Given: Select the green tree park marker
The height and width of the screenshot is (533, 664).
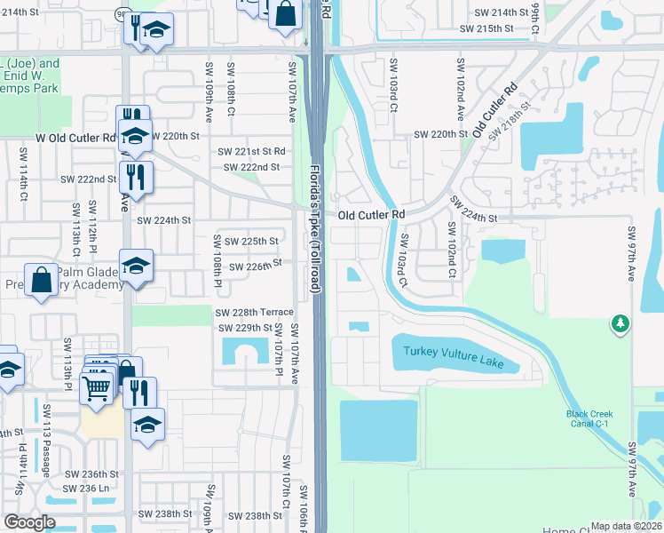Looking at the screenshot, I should click(x=620, y=324).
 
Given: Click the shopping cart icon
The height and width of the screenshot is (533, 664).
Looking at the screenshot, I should click(x=98, y=387).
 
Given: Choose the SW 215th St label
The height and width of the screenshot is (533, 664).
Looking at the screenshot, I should click(x=486, y=29).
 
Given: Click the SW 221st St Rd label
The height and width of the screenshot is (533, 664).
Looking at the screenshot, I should click(x=254, y=152).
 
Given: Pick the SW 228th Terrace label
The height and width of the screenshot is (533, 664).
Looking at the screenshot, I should click(x=254, y=312).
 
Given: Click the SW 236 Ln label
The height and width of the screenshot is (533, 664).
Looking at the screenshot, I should click(x=91, y=488).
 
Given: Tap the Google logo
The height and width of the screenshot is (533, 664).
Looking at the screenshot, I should click(x=29, y=522).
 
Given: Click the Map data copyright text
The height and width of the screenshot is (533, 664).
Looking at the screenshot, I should click(x=626, y=526).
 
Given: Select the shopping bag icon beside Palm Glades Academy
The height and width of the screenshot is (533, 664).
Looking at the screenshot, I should click(x=41, y=279).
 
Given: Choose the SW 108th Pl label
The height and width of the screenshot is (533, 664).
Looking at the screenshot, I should click(x=217, y=256).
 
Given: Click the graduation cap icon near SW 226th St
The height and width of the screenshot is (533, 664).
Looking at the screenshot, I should click(x=136, y=266).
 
